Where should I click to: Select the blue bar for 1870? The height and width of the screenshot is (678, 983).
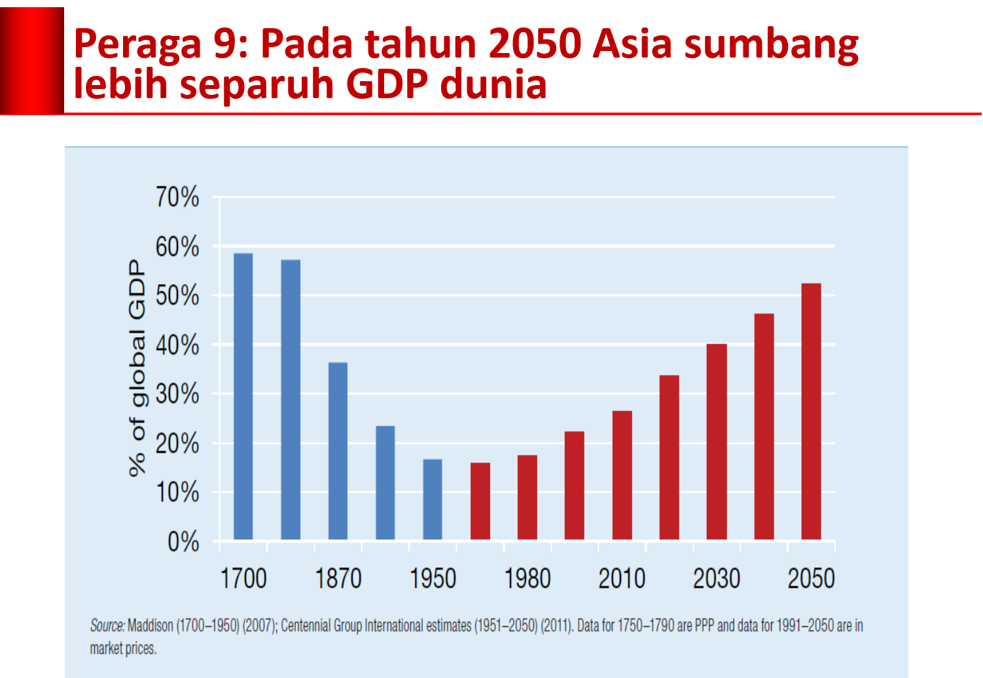pyautogui.click(x=338, y=451)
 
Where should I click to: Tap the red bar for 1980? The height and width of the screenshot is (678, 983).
pyautogui.click(x=527, y=497)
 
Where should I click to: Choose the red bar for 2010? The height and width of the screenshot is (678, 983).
pyautogui.click(x=622, y=475)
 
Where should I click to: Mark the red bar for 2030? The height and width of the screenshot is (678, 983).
pyautogui.click(x=717, y=442)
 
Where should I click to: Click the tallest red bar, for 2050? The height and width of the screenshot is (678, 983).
pyautogui.click(x=811, y=412)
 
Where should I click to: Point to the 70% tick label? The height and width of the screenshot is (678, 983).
pyautogui.click(x=177, y=197)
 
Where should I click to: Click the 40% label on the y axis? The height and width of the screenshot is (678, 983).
pyautogui.click(x=177, y=345)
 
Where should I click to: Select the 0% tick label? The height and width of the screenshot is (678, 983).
pyautogui.click(x=183, y=542)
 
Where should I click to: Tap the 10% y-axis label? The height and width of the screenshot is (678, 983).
pyautogui.click(x=177, y=492)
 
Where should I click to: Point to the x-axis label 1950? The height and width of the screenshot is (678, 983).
pyautogui.click(x=433, y=579)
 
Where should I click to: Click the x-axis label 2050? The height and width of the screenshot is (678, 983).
pyautogui.click(x=811, y=579)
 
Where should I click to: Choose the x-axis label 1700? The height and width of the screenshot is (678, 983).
pyautogui.click(x=243, y=579)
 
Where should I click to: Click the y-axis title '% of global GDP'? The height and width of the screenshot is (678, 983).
pyautogui.click(x=137, y=368)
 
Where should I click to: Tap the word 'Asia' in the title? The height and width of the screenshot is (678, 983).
pyautogui.click(x=633, y=45)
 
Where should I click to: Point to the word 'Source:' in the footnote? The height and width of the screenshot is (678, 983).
pyautogui.click(x=107, y=626)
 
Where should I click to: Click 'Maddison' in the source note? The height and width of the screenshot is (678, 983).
pyautogui.click(x=151, y=626)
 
